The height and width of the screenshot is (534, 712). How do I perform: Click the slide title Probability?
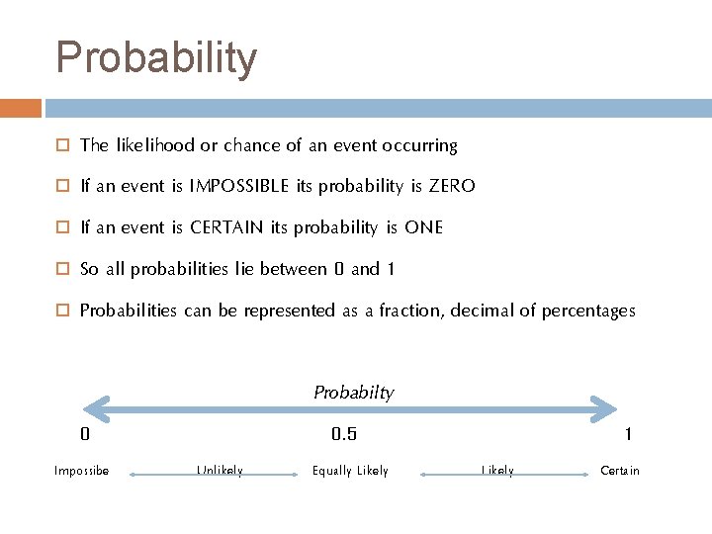[x=156, y=57]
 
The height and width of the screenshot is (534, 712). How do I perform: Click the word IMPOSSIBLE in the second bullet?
[x=239, y=186]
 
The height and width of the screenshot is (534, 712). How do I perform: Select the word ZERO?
[x=452, y=186]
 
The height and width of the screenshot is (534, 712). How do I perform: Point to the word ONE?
[x=423, y=227]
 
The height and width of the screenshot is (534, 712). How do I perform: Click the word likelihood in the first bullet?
[x=155, y=145]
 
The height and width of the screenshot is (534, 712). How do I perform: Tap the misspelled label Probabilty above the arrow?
[x=353, y=393]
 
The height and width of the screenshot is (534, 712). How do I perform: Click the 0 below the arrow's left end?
[x=85, y=434]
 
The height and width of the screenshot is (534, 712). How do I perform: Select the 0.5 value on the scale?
[x=344, y=434]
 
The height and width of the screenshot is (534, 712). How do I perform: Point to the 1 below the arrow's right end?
[x=628, y=434]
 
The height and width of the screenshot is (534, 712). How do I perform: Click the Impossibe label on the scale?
[x=81, y=471]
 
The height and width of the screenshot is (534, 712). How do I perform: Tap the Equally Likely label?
[x=350, y=471]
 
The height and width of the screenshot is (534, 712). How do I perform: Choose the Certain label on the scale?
[x=620, y=471]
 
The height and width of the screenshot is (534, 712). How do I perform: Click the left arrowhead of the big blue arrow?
[x=95, y=408]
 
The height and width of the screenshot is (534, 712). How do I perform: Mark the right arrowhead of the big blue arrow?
[x=603, y=408]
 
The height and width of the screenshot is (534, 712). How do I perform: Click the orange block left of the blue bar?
[x=21, y=108]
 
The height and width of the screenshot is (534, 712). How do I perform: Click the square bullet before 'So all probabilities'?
[x=61, y=270]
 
